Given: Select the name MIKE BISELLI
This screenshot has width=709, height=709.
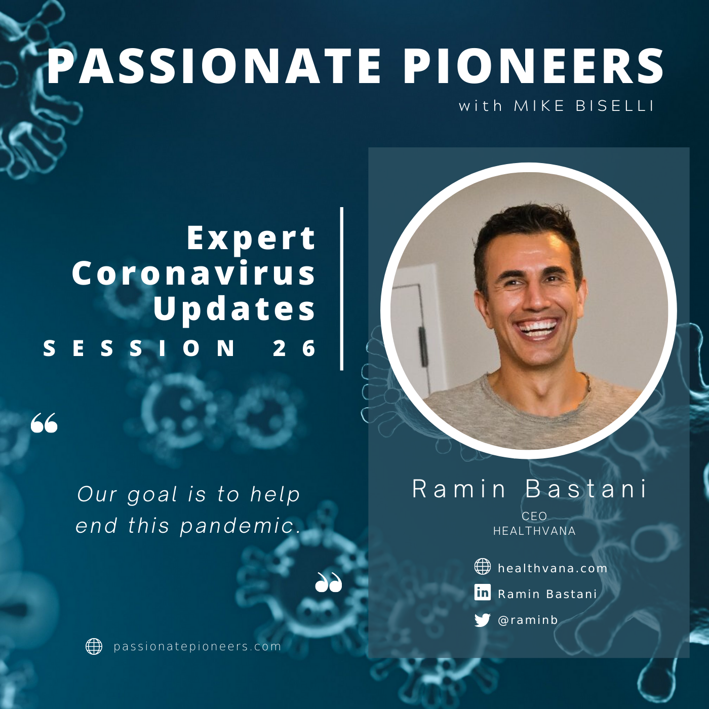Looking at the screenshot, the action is point(584,106).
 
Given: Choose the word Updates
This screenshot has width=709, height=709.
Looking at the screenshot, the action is point(235,308).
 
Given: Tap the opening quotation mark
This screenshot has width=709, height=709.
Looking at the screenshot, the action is point(44,422).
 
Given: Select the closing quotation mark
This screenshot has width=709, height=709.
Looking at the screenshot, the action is point(329,582).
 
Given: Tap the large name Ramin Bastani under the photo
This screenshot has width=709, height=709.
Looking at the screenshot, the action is point(529,489).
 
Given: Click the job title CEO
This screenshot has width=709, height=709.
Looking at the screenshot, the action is point(534,516).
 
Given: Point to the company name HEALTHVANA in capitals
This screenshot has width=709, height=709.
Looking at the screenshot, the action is point(534,531).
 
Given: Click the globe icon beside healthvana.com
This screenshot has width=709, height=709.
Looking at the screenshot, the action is point(482,566).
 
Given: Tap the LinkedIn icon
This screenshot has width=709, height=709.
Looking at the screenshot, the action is point(482,593).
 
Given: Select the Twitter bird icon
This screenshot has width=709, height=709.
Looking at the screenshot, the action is point(482,620).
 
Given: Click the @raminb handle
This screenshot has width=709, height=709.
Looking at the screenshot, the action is point(528,620).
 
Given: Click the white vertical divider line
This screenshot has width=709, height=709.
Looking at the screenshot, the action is point(342,289).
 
